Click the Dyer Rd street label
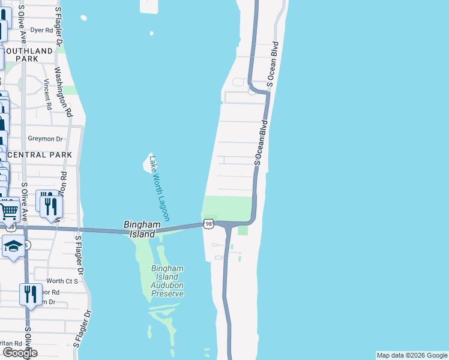point(41,29)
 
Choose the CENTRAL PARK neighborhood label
point(40,155)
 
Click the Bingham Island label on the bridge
point(142,229)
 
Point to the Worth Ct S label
point(62,281)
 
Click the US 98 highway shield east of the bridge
point(208,224)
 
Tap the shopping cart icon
point(8,211)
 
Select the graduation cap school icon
point(13,247)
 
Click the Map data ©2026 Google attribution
point(411,355)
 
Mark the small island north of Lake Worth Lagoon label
point(148,161)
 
